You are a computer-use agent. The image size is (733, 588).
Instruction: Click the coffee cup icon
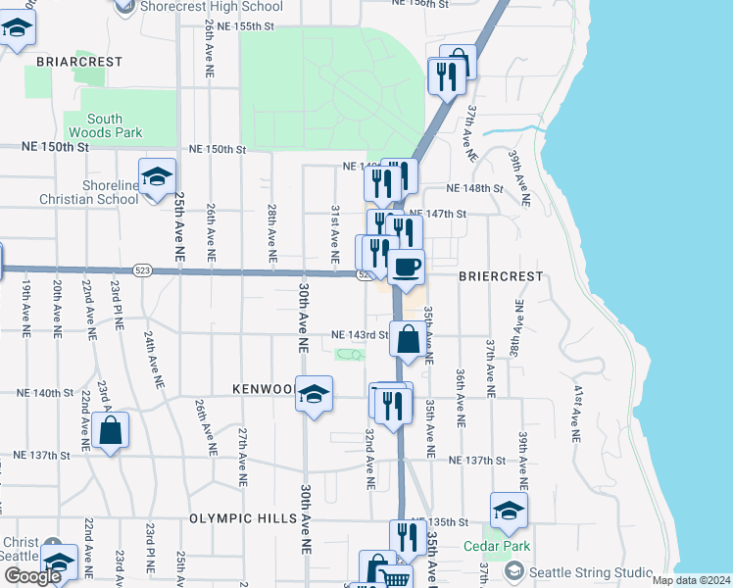pos(407,266)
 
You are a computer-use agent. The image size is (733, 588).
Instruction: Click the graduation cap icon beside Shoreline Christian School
pos(157,177)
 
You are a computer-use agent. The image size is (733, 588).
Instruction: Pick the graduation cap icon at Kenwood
pos(314,394)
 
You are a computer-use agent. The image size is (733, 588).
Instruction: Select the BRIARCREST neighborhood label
pos(79,61)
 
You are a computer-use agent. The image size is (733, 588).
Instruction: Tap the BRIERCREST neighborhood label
pos(500,276)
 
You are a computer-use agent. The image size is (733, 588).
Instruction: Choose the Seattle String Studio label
pos(591,571)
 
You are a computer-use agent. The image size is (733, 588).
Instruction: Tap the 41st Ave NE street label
pos(579,413)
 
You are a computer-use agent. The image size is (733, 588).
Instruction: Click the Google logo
pos(32,575)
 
